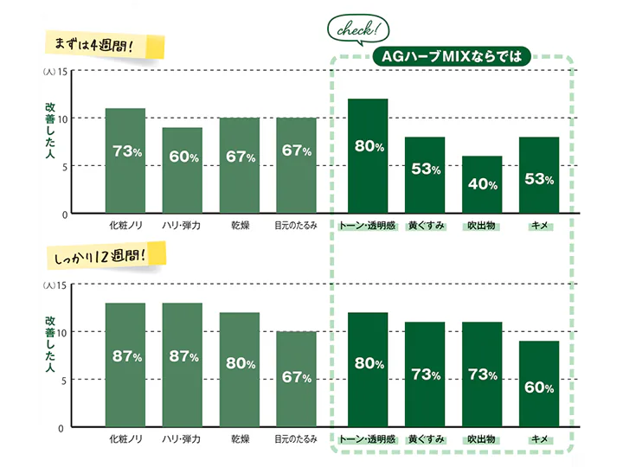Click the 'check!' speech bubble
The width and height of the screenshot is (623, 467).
tap(358, 29)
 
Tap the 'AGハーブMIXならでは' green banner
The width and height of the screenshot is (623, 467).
tap(452, 56)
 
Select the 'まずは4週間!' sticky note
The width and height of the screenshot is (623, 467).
tap(105, 45)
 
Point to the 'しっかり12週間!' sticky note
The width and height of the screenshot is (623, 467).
tap(106, 255)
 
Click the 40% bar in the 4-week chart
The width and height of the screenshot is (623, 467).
tap(482, 184)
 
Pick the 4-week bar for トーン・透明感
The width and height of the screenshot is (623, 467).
tap(368, 156)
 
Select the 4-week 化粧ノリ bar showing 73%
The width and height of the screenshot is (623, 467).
tap(125, 161)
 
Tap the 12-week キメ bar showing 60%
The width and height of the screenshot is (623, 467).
tap(539, 384)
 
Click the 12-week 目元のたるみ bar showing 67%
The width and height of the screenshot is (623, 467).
tap(297, 379)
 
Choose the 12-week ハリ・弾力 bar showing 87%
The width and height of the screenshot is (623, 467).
tap(183, 365)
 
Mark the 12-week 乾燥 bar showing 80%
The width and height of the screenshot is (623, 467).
tap(240, 369)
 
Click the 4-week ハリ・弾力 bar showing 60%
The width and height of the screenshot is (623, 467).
tap(183, 170)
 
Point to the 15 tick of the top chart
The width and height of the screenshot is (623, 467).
tap(62, 72)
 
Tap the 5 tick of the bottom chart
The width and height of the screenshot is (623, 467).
tap(64, 381)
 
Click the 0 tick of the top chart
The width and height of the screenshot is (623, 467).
tap(64, 214)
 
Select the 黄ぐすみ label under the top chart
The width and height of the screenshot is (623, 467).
tap(426, 226)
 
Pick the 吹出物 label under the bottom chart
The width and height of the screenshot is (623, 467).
tap(482, 438)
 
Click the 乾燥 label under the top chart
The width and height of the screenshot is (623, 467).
tap(241, 226)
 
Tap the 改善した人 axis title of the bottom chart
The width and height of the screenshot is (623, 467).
tap(49, 344)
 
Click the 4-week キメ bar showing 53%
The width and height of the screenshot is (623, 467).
tap(539, 175)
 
